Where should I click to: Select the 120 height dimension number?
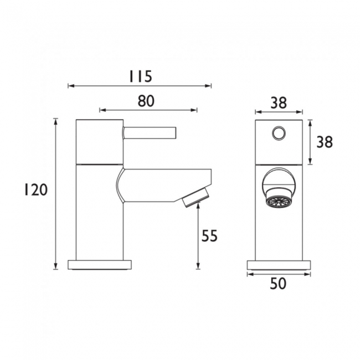pyautogui.click(x=35, y=191)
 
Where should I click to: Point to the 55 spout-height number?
pyautogui.click(x=209, y=236)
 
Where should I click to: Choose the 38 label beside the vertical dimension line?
pyautogui.click(x=324, y=142)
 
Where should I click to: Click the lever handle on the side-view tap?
pyautogui.click(x=150, y=132)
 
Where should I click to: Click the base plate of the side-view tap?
pyautogui.click(x=100, y=264)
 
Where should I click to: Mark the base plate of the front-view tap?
pyautogui.click(x=279, y=265)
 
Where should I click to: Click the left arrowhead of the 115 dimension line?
pyautogui.click(x=70, y=86)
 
